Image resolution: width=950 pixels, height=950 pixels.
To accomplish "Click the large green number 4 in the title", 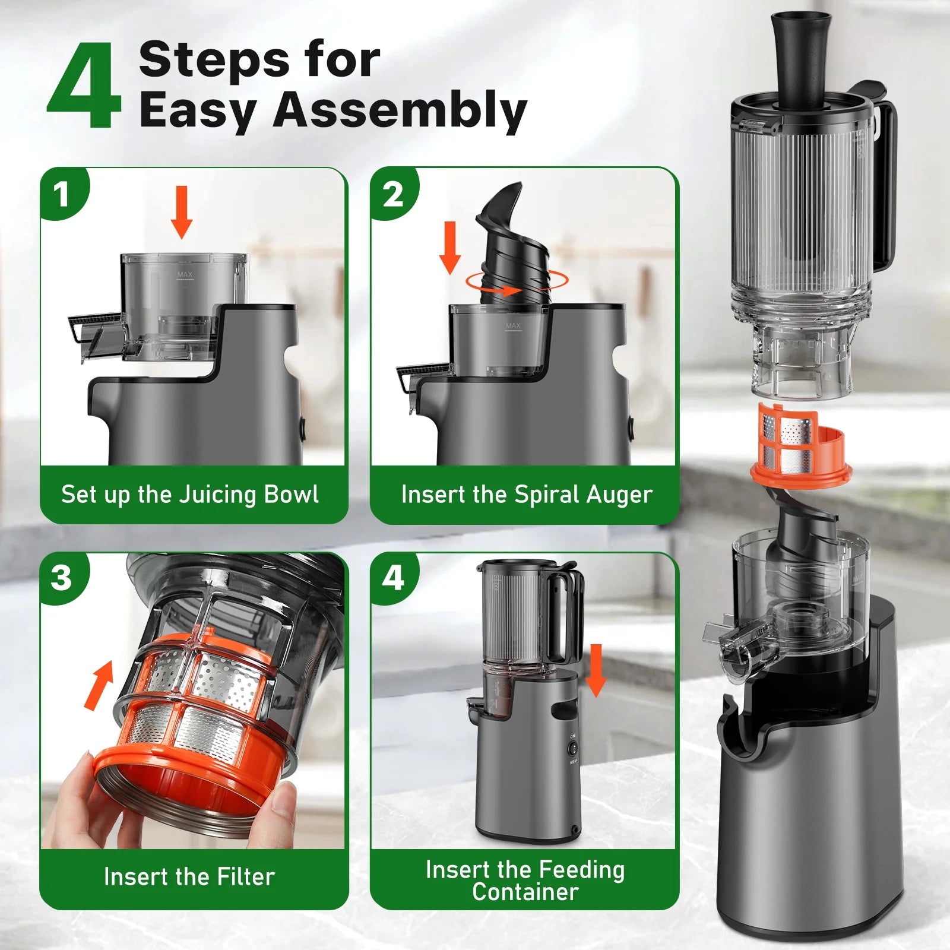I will coord(84,86).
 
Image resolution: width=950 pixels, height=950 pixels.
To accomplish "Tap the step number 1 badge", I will coord(62,194).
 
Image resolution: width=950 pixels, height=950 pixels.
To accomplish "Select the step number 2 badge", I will coord(392,194).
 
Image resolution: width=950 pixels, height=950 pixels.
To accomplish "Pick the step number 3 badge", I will coord(62,577).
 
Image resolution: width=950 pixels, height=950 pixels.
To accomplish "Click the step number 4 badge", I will coord(392,577).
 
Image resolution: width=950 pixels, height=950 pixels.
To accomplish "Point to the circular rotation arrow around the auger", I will coord(517,283).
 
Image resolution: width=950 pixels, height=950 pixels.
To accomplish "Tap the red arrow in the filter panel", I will coord(100,686).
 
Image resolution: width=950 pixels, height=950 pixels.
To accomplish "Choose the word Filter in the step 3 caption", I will coord(245,877).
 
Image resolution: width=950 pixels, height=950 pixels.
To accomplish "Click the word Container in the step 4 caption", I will coord(525,892).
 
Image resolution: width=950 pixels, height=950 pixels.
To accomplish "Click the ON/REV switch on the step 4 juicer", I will coord(574,749).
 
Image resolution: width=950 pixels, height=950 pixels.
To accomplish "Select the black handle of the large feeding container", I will coord(885,184).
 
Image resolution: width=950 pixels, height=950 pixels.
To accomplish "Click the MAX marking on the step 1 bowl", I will coord(185,275).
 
